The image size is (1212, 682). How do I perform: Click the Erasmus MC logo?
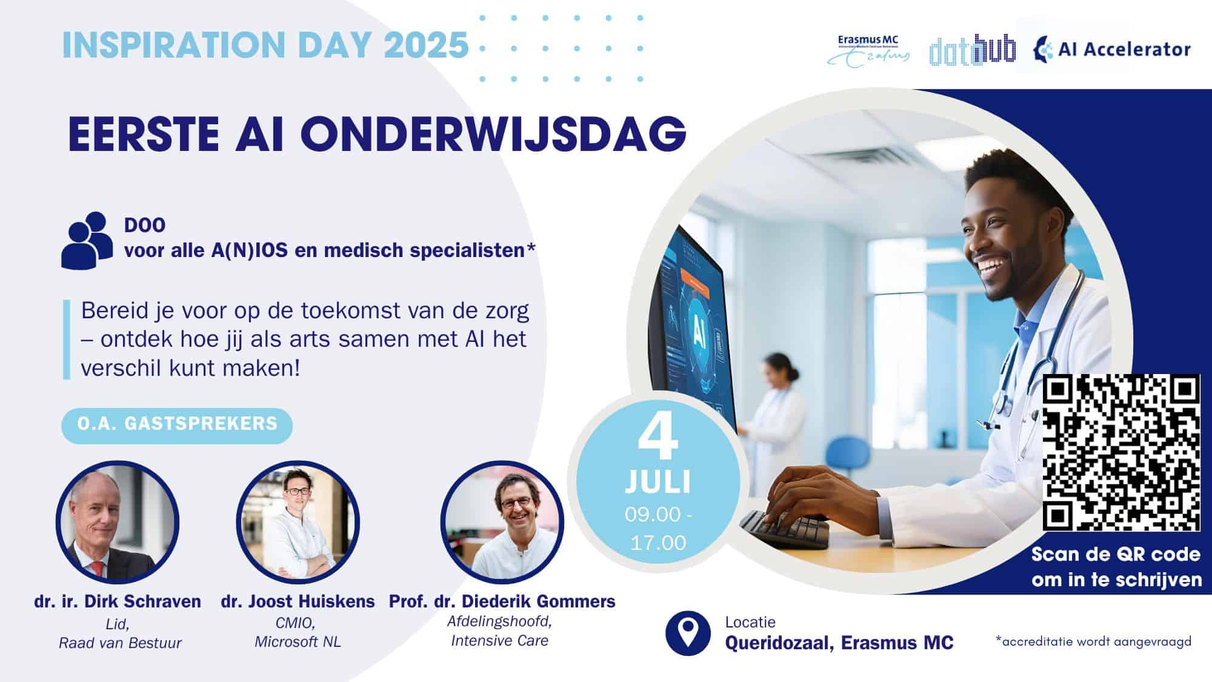868,49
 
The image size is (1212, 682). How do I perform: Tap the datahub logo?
972,49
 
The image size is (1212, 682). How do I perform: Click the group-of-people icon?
87,240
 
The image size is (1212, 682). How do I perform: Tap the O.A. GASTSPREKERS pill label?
177,424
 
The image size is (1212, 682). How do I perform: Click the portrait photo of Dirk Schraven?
118,522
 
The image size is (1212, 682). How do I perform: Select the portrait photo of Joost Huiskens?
298,522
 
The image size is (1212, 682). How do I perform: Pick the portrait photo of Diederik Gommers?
502,522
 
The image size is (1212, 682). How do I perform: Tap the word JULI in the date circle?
658,483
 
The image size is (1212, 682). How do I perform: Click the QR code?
1121,452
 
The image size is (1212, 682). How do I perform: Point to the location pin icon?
688,633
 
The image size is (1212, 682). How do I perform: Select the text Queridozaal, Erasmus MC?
839,643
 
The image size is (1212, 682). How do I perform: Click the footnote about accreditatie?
1093,641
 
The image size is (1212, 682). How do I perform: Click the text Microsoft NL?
298,642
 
